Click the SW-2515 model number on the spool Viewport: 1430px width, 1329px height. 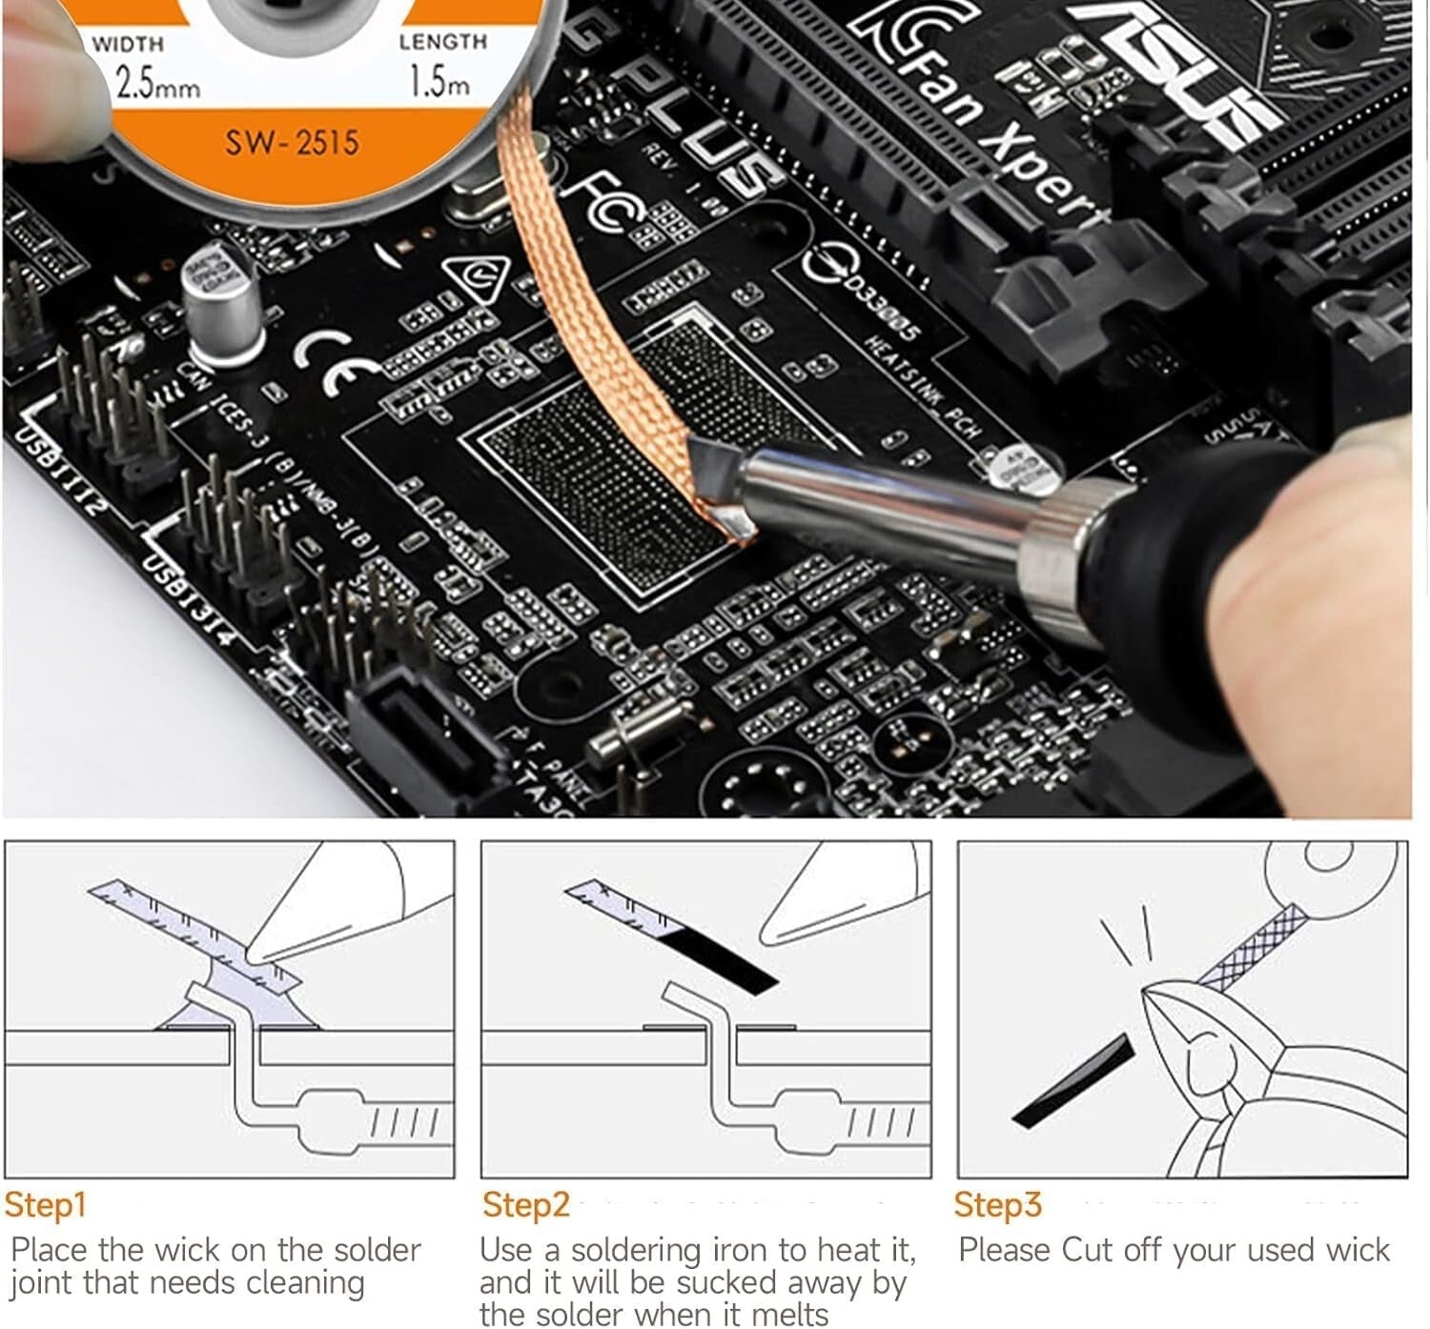292,143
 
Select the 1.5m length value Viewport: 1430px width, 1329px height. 439,81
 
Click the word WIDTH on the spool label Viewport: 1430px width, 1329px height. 129,44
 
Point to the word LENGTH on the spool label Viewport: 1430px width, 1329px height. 442,42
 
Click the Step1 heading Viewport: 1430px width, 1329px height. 46,1204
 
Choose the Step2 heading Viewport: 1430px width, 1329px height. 525,1204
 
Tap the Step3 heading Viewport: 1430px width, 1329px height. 998,1204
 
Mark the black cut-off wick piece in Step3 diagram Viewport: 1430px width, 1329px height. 1072,1081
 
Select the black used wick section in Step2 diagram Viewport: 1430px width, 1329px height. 720,962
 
